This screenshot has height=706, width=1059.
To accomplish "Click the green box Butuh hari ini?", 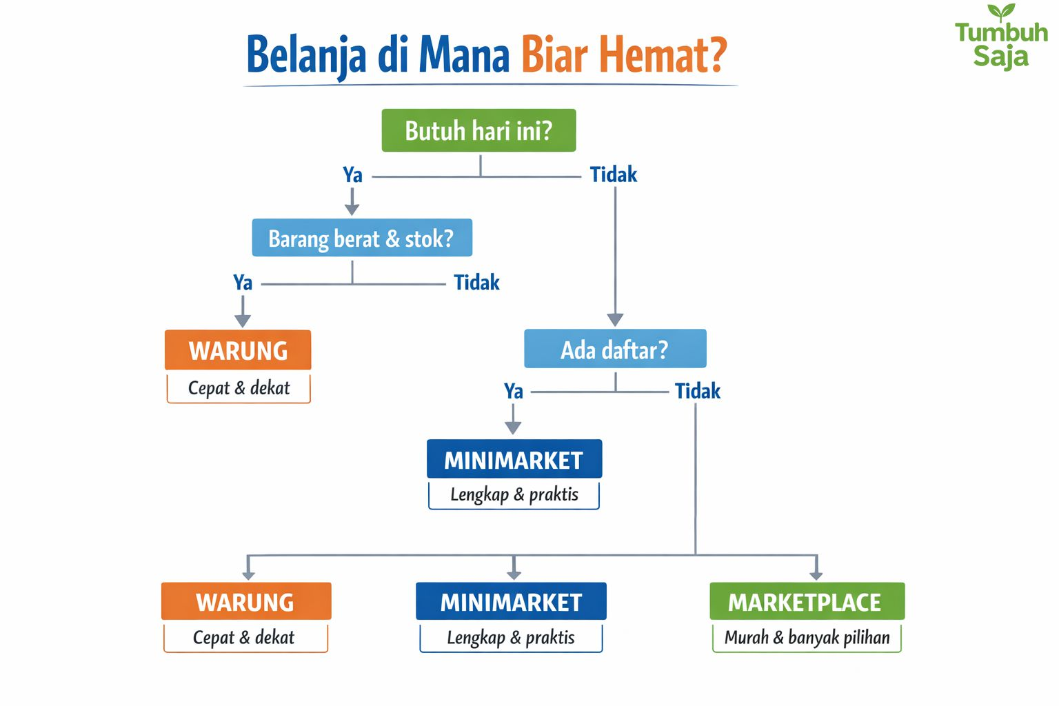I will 478,130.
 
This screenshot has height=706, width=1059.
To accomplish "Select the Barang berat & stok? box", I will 362,238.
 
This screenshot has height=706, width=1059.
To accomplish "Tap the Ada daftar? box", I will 615,349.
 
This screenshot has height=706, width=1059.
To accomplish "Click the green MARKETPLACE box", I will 807,602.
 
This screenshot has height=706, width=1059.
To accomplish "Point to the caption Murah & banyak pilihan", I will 807,638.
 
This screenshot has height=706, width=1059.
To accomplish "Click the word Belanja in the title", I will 306,55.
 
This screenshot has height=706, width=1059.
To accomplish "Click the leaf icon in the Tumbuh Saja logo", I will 1001,12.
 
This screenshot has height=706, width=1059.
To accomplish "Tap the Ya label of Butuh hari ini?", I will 352,175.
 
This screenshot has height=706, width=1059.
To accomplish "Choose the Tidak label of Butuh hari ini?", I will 613,175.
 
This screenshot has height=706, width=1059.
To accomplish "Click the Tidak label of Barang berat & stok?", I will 476,283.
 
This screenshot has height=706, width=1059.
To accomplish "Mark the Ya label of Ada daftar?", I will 514,392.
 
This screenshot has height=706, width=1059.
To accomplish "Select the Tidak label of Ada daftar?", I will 697,392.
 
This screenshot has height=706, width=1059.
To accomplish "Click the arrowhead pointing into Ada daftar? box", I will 615,319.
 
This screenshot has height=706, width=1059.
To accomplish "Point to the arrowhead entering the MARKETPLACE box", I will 816,574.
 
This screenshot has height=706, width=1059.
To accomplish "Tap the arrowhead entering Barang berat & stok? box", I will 352,209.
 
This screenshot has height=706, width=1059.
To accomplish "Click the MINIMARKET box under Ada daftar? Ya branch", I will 514,459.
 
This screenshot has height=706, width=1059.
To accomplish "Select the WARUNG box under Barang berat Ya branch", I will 238,350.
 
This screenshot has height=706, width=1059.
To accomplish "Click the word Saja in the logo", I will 1000,56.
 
